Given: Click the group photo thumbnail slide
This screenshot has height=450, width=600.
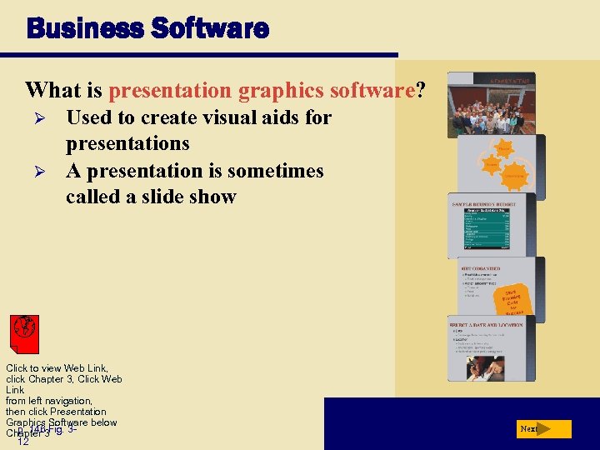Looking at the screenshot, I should click(491, 103).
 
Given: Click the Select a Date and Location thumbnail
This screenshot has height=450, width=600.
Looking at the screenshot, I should click(497, 348).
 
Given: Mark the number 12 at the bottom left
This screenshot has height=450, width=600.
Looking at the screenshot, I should click(23, 442).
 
